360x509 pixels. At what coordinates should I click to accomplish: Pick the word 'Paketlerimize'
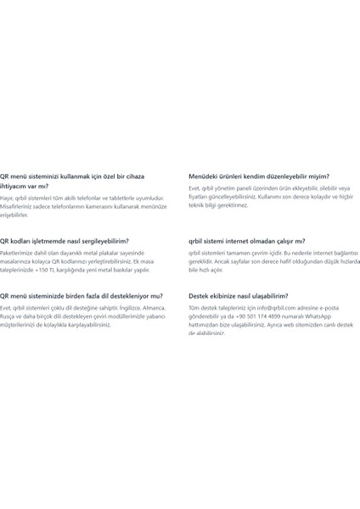click(x=18, y=253)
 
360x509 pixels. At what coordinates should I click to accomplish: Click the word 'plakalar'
click(x=109, y=253)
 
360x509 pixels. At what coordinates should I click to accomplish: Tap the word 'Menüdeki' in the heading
click(x=204, y=176)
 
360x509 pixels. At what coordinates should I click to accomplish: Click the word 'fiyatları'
click(x=200, y=197)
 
